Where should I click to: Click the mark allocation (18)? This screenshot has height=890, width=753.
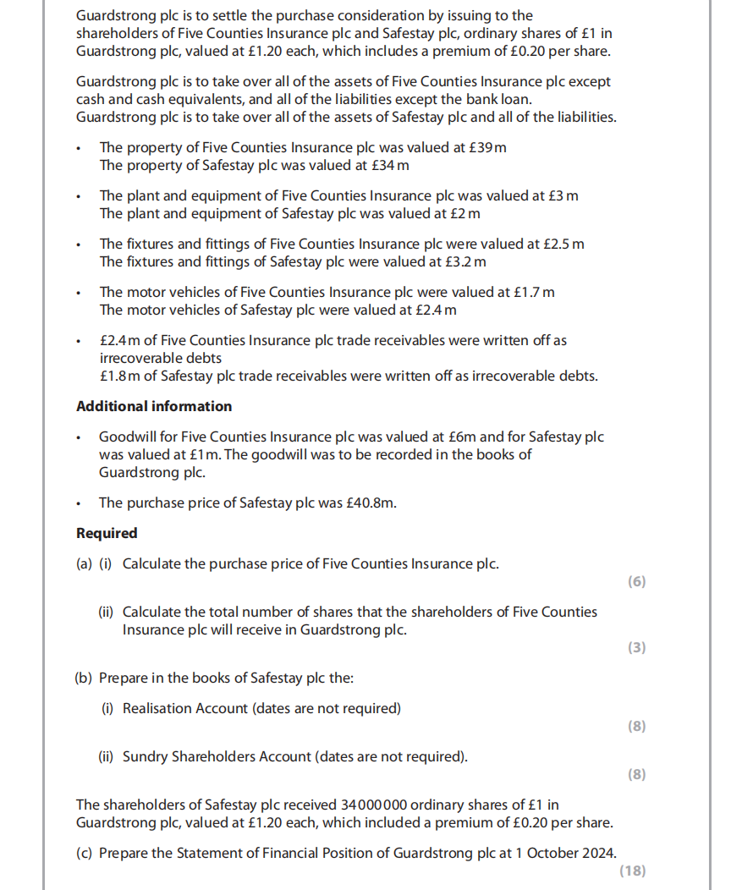pos(632,871)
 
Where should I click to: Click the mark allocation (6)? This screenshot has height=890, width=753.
pos(636,581)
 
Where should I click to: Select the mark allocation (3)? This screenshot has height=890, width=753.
pos(636,647)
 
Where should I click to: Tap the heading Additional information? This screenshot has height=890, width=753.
pos(154,406)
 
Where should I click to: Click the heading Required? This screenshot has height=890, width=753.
pos(107,533)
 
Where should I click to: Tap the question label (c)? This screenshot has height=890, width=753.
pos(84,853)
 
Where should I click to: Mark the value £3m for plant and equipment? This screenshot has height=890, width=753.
pos(563,195)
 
